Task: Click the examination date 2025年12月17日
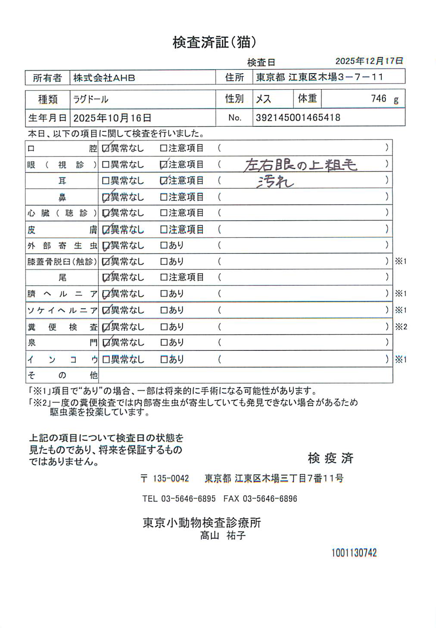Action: click(x=369, y=61)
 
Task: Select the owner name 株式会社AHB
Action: click(x=104, y=78)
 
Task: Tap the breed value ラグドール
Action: click(x=90, y=100)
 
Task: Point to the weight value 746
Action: click(x=379, y=99)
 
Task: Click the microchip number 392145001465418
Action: click(x=298, y=118)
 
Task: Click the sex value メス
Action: click(x=263, y=99)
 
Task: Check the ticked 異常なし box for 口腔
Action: click(x=106, y=149)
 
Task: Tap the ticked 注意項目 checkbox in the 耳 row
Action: click(x=163, y=181)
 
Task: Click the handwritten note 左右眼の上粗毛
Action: click(x=300, y=165)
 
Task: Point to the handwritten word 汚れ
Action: click(x=275, y=182)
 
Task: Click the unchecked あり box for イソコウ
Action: click(x=163, y=359)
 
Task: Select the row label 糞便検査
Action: click(x=62, y=327)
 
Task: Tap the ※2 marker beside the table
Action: click(x=401, y=327)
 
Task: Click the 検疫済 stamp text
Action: click(x=330, y=458)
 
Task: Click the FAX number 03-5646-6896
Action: click(x=270, y=499)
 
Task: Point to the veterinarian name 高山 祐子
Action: click(x=223, y=536)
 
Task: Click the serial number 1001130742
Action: click(x=354, y=553)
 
